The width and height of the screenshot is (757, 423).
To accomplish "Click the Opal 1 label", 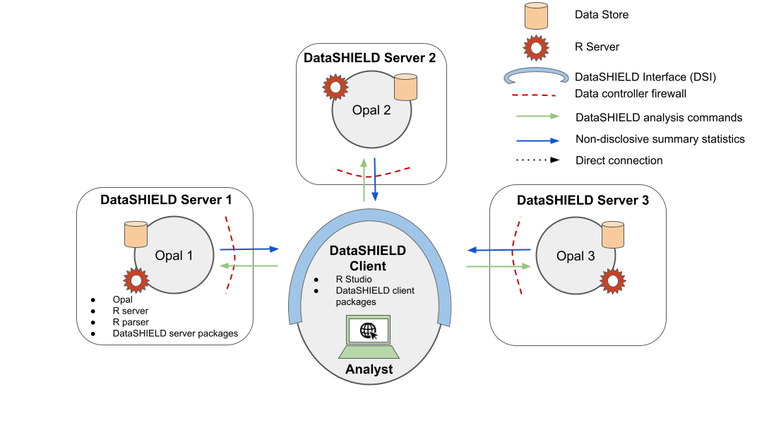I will [x=174, y=256].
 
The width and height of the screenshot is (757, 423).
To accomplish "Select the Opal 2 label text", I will [x=371, y=111].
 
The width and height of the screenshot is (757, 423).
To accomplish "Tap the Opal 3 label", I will [x=576, y=256].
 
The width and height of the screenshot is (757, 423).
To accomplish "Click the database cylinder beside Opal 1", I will [x=136, y=234].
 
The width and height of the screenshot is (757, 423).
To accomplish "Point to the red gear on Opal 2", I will [x=335, y=87].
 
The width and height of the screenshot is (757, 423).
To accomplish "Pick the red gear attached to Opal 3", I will [x=612, y=281].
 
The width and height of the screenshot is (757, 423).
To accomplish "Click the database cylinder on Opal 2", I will [x=405, y=87].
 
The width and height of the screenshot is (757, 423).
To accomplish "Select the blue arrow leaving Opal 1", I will [x=249, y=249].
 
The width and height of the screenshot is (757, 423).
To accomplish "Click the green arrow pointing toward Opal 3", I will [x=499, y=266].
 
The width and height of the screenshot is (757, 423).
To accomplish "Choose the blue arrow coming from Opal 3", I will [x=499, y=249].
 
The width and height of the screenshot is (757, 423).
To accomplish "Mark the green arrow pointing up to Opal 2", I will [x=364, y=180].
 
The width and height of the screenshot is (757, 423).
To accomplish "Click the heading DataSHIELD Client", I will [x=368, y=258].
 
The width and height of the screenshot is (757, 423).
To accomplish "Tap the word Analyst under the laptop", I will [x=369, y=369].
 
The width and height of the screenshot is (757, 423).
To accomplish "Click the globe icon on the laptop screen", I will [x=369, y=330].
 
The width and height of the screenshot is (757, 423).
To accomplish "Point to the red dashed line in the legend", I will [x=534, y=94].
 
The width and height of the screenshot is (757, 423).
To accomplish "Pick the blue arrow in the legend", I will [x=537, y=141].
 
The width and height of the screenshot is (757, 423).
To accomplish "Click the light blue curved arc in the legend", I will [x=536, y=76].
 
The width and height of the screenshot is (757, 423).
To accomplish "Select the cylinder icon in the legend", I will [x=536, y=16].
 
